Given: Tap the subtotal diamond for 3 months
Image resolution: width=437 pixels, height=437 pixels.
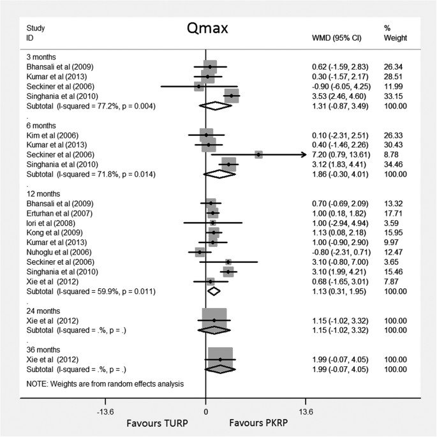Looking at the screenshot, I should point(215,106).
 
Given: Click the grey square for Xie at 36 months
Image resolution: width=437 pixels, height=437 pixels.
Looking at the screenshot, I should point(220,359).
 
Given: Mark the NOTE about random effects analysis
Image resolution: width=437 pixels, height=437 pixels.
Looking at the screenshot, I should point(105,384).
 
